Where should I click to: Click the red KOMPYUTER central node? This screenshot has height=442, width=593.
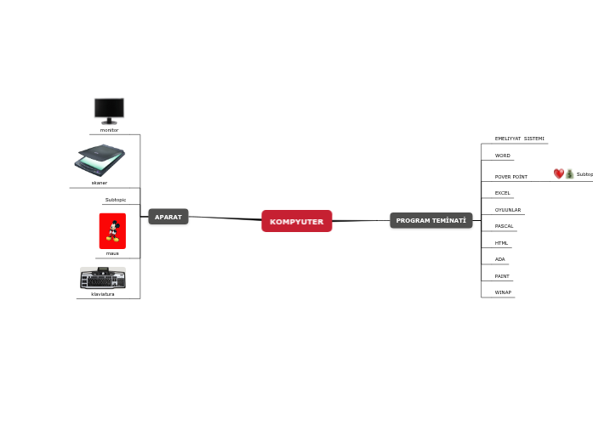pyautogui.click(x=296, y=221)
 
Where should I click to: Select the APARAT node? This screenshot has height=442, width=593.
pyautogui.click(x=168, y=217)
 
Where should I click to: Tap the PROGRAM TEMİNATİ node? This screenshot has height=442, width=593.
pyautogui.click(x=431, y=220)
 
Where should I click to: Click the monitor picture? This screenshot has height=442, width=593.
pyautogui.click(x=109, y=111)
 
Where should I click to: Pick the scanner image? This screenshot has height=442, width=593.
pyautogui.click(x=100, y=160)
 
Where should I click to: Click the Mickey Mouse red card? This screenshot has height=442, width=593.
pyautogui.click(x=112, y=231)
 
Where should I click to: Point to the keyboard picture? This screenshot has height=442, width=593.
pyautogui.click(x=103, y=278)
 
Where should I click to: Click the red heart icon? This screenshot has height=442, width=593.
pyautogui.click(x=559, y=173)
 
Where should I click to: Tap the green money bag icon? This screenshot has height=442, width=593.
pyautogui.click(x=569, y=173)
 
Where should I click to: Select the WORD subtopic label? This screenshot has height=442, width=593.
pyautogui.click(x=503, y=156)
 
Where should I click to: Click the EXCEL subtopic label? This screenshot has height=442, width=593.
pyautogui.click(x=503, y=193)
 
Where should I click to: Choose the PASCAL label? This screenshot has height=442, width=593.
pyautogui.click(x=505, y=226)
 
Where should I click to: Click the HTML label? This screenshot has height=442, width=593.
pyautogui.click(x=501, y=243)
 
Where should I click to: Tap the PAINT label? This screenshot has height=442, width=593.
pyautogui.click(x=502, y=276)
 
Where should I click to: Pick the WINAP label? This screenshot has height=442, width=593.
pyautogui.click(x=503, y=292)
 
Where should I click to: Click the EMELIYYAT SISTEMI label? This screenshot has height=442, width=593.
pyautogui.click(x=520, y=139)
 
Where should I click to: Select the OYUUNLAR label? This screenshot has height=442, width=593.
pyautogui.click(x=508, y=210)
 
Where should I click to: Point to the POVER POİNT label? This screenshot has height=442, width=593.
pyautogui.click(x=511, y=177)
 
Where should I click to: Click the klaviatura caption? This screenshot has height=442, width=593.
pyautogui.click(x=103, y=294)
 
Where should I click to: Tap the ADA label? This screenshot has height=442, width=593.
pyautogui.click(x=500, y=259)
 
